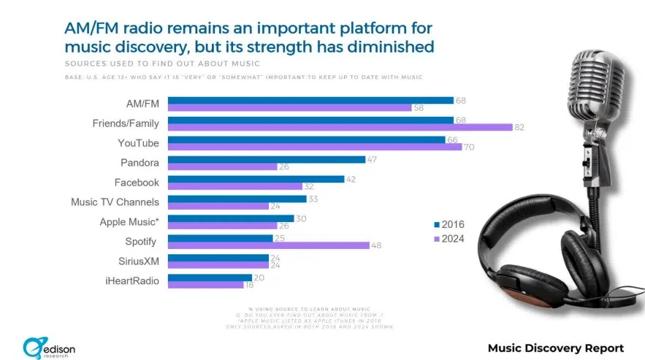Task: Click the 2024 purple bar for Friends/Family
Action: pyautogui.click(x=340, y=127)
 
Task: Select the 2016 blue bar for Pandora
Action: pyautogui.click(x=267, y=159)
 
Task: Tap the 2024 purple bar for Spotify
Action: pyautogui.click(x=268, y=245)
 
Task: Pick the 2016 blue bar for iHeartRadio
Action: pyautogui.click(x=210, y=277)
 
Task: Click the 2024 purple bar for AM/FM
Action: pyautogui.click(x=289, y=108)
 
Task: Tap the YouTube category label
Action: pyautogui.click(x=139, y=142)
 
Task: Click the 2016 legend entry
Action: pyautogui.click(x=449, y=224)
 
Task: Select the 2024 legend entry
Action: pyautogui.click(x=449, y=239)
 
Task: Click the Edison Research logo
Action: pyautogui.click(x=50, y=346)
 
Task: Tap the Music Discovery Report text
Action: pyautogui.click(x=555, y=347)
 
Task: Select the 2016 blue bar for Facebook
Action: pyautogui.click(x=256, y=178)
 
